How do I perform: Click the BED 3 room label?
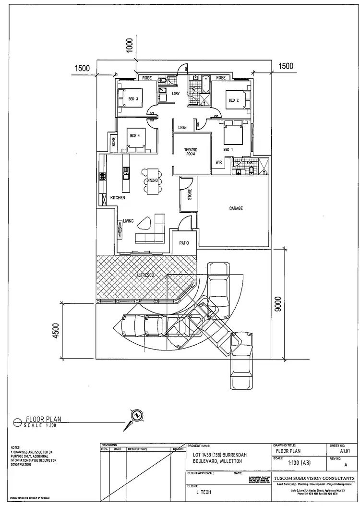coord(133,99)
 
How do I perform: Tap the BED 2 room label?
coord(234,100)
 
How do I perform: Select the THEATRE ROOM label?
coord(191,152)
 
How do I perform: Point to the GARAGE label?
coord(236,208)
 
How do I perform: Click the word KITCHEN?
coord(118,197)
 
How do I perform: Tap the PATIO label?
coord(184,243)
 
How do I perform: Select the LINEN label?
coord(182,128)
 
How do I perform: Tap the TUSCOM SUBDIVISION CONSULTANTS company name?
coord(314,479)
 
